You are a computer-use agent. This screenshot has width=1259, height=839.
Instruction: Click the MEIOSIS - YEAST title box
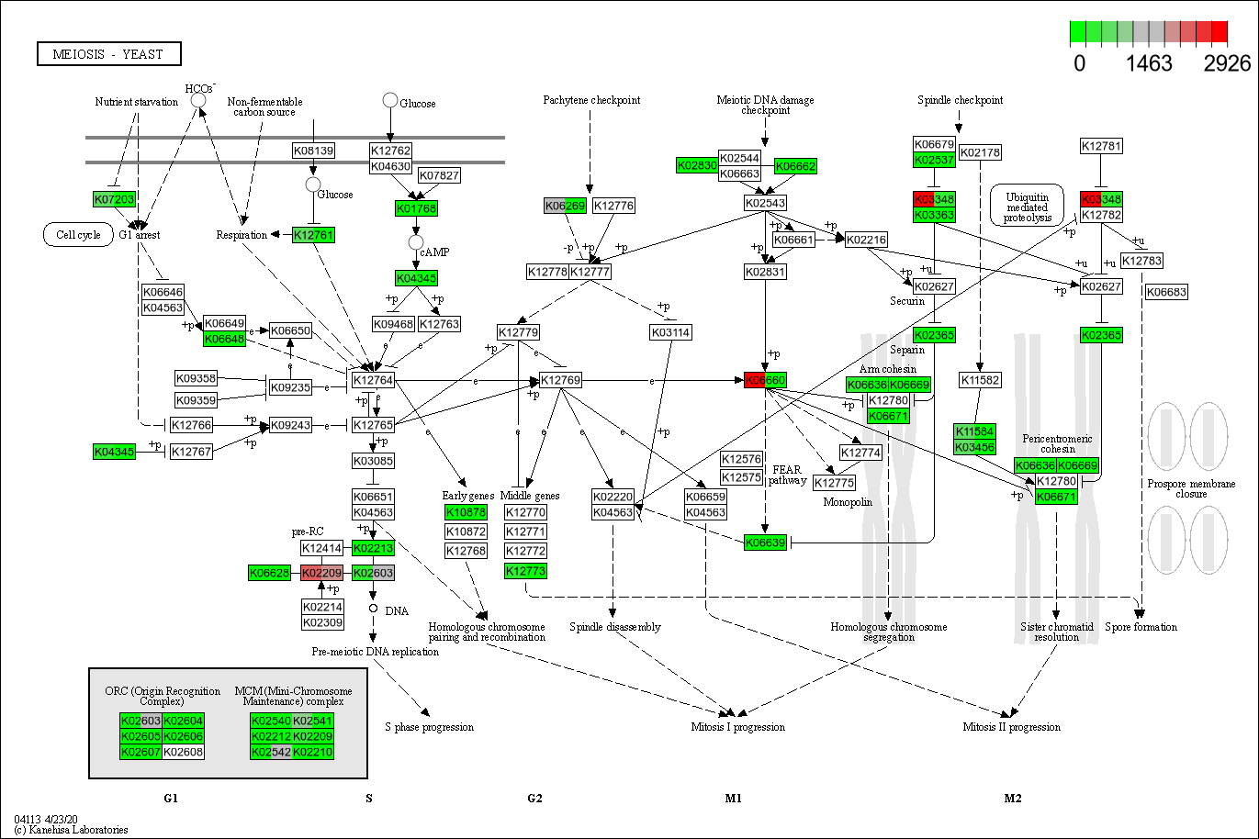[109, 54]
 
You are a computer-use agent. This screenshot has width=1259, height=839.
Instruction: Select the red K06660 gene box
[765, 380]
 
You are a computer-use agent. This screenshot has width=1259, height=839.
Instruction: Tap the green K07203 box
[114, 199]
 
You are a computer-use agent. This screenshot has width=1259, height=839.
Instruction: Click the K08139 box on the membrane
[313, 150]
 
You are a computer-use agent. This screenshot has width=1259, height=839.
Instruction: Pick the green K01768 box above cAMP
[416, 208]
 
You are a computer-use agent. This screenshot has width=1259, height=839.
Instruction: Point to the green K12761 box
[313, 235]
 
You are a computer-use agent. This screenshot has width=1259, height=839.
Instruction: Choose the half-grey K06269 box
[565, 206]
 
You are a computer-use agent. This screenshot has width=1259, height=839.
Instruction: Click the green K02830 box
[696, 165]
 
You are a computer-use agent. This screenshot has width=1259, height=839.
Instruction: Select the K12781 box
[1101, 146]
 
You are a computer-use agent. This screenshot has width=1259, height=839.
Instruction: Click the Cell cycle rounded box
[78, 234]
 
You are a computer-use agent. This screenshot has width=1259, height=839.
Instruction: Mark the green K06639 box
[765, 543]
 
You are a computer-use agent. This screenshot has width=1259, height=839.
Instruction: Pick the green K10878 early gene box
[466, 511]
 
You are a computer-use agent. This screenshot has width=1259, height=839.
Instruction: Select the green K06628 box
[269, 573]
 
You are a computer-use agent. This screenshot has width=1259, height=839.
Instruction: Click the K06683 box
[1166, 292]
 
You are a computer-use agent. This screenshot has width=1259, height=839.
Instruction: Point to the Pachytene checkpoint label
[591, 100]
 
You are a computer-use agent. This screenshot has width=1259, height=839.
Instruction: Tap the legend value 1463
[1148, 63]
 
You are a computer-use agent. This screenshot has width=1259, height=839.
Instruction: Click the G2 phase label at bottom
[534, 799]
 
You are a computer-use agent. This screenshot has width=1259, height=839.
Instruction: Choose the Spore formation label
[1141, 627]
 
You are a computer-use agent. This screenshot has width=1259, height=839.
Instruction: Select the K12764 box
[373, 380]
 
